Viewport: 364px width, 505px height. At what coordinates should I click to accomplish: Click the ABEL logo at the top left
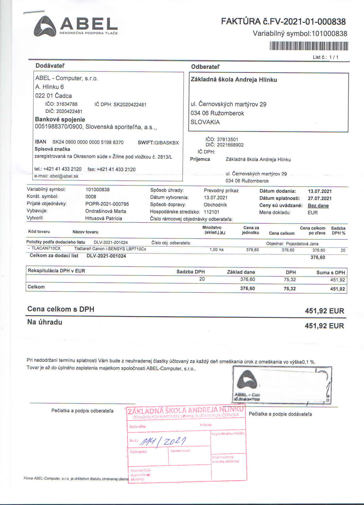(76, 26)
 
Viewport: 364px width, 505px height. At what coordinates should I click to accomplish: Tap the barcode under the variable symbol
(309, 46)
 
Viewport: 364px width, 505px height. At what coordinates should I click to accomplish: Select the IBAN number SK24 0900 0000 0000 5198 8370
(88, 142)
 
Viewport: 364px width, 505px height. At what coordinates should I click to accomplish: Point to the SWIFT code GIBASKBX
(166, 143)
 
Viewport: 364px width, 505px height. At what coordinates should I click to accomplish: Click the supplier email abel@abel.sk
(64, 176)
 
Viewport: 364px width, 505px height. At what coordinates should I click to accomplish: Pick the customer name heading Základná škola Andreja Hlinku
(234, 80)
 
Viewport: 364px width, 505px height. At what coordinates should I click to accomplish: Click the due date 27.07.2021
(319, 198)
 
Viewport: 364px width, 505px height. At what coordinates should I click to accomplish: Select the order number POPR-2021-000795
(107, 204)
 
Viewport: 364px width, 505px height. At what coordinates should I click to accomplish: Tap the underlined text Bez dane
(318, 206)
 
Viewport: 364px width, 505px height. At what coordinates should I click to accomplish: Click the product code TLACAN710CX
(46, 248)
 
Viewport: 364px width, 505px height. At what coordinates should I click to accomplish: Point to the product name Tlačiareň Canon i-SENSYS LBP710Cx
(110, 249)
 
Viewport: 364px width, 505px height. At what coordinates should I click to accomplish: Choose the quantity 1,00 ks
(216, 250)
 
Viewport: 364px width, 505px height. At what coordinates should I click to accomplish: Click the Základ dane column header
(241, 272)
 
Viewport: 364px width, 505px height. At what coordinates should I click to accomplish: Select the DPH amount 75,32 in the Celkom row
(289, 289)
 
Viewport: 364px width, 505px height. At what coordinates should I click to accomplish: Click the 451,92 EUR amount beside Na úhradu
(324, 326)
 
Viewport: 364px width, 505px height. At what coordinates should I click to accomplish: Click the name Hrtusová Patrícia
(103, 218)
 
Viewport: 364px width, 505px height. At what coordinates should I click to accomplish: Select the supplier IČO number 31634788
(67, 104)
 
